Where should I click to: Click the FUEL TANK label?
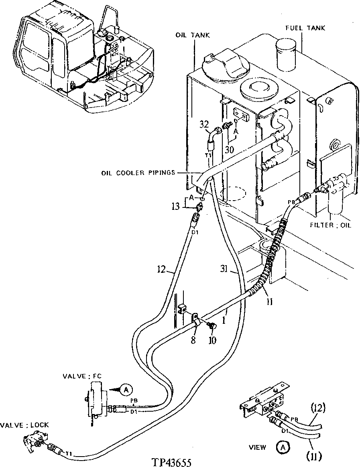pos(305,28)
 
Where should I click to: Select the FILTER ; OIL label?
pos(331,225)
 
